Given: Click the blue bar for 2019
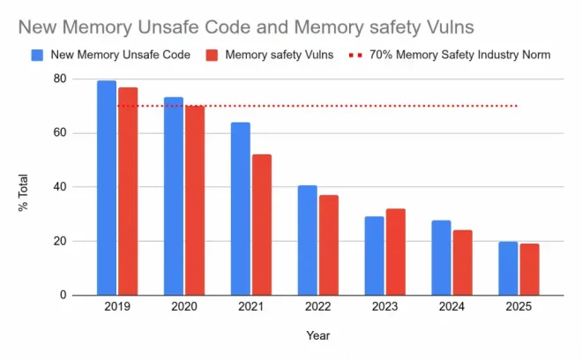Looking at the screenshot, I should pos(107,188).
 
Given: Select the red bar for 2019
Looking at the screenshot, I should pos(128,191).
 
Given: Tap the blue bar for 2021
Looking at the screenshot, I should pos(241,208).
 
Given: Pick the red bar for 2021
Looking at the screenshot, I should pos(262,225).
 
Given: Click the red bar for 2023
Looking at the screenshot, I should pos(396,251).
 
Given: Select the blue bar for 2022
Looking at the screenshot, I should pos(308,240).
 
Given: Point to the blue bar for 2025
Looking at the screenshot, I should pos(508,268).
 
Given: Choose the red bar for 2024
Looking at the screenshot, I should pos(462,262).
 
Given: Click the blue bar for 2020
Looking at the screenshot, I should pos(174,196).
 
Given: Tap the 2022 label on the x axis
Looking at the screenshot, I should pos(317,307).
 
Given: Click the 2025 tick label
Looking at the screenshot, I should pos(519,307).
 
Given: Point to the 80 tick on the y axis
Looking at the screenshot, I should pos(60,79).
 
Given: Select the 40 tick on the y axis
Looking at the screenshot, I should pos(60,187).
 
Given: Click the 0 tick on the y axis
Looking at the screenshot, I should pos(63,295).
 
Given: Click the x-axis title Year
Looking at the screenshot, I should pos(317,335).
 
